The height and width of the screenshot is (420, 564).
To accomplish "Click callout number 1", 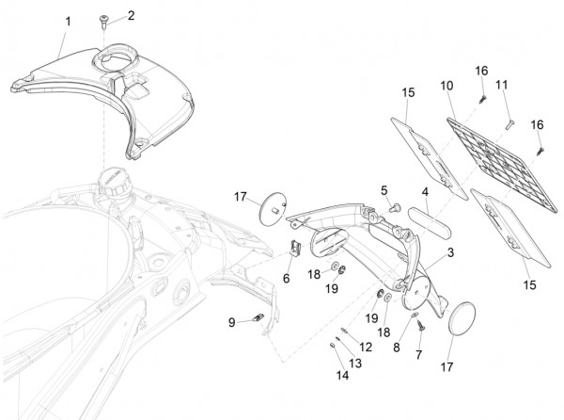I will [x=67, y=20].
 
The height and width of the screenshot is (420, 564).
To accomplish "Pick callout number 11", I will [x=502, y=84].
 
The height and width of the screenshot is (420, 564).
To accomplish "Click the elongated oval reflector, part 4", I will [x=431, y=230].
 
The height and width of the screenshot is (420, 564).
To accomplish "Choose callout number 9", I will [x=231, y=322].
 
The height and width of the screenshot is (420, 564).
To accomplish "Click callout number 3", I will [x=451, y=252].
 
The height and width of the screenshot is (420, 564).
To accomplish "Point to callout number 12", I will [x=366, y=347].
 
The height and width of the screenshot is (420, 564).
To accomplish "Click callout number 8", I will [x=397, y=347].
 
